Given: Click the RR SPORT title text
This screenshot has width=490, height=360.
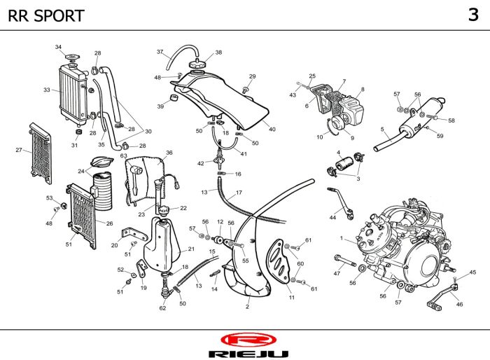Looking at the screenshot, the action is (x=46, y=15).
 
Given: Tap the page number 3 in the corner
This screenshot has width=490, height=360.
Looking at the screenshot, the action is (x=473, y=15).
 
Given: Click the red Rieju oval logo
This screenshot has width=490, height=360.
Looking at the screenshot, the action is (x=248, y=340).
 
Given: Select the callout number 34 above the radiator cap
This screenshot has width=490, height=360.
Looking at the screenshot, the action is (x=58, y=47).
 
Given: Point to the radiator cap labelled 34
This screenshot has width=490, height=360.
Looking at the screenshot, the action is (x=72, y=58).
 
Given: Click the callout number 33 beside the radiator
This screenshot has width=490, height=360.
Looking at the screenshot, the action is (x=47, y=90).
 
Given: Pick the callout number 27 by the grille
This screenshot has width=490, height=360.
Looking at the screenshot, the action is (x=19, y=150).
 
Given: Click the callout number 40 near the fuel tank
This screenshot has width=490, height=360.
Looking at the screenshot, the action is (x=272, y=129).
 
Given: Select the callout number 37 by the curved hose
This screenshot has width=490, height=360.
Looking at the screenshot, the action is (x=160, y=52).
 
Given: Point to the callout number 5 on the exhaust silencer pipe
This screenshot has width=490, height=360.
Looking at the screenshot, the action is (x=382, y=129).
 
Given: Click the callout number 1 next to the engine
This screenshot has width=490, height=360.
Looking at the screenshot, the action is (x=342, y=238).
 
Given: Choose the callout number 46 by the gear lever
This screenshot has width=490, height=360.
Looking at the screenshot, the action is (x=459, y=304).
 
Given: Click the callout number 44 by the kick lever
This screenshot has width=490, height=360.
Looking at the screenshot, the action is (x=332, y=217).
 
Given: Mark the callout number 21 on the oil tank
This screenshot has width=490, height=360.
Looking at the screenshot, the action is (x=191, y=249).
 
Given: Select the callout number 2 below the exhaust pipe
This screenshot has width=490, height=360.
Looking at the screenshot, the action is (x=247, y=307).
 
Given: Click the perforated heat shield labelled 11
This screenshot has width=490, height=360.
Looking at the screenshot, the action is (x=278, y=261).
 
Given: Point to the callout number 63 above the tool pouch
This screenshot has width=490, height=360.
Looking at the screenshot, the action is (x=123, y=155).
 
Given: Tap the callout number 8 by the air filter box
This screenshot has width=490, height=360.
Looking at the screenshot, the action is (x=363, y=89).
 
